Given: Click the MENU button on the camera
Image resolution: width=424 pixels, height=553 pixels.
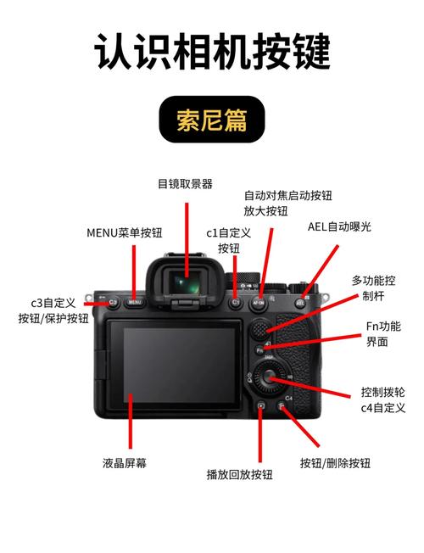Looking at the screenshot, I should click(x=134, y=301).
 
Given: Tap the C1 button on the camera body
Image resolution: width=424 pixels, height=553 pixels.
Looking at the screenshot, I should click(x=237, y=301).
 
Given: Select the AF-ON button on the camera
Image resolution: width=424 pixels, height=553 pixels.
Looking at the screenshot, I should click(x=259, y=301).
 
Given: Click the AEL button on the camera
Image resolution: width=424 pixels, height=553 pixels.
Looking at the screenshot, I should click(x=300, y=302).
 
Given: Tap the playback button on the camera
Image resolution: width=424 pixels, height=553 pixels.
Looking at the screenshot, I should click(x=261, y=410).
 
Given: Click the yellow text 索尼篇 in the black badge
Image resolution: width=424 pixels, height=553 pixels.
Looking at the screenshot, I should click(x=212, y=121).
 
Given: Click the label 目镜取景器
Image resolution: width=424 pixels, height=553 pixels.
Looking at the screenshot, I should click(x=185, y=183).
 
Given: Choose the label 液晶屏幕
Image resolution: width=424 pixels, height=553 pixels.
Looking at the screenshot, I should click(x=126, y=463).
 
